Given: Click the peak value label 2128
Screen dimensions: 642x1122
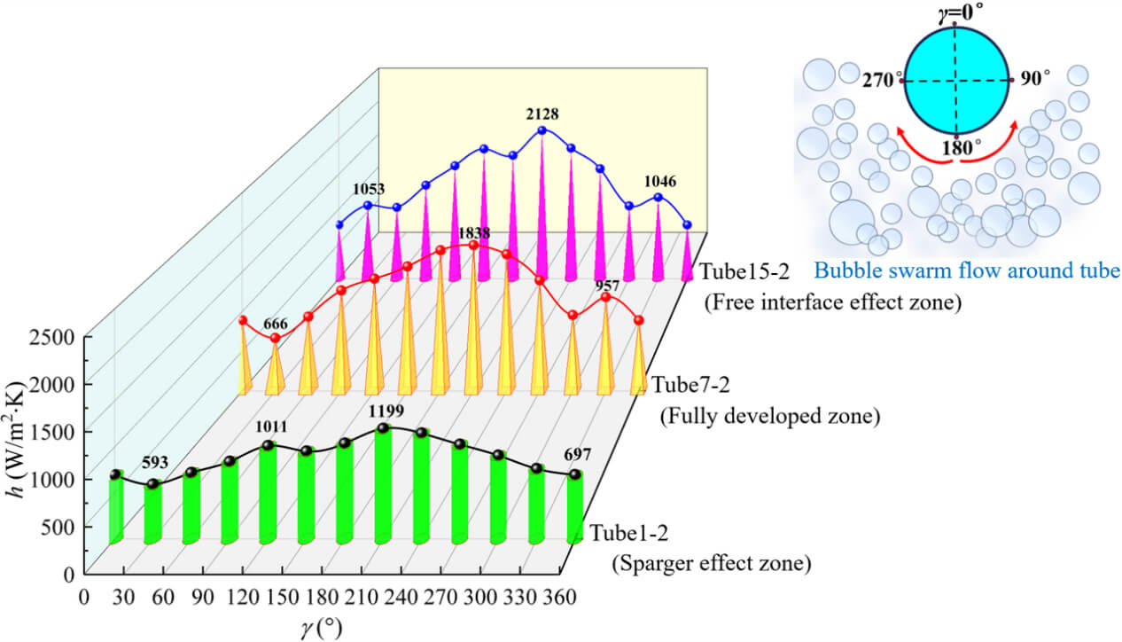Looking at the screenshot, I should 542,114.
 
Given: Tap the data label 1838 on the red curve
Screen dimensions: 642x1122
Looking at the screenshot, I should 474,232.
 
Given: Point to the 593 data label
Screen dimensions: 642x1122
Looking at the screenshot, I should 157,461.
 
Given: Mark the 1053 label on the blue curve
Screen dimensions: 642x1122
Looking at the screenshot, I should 368,190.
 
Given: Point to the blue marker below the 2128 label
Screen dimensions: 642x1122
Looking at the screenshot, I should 542,130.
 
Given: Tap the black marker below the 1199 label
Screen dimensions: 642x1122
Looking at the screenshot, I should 383,428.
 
